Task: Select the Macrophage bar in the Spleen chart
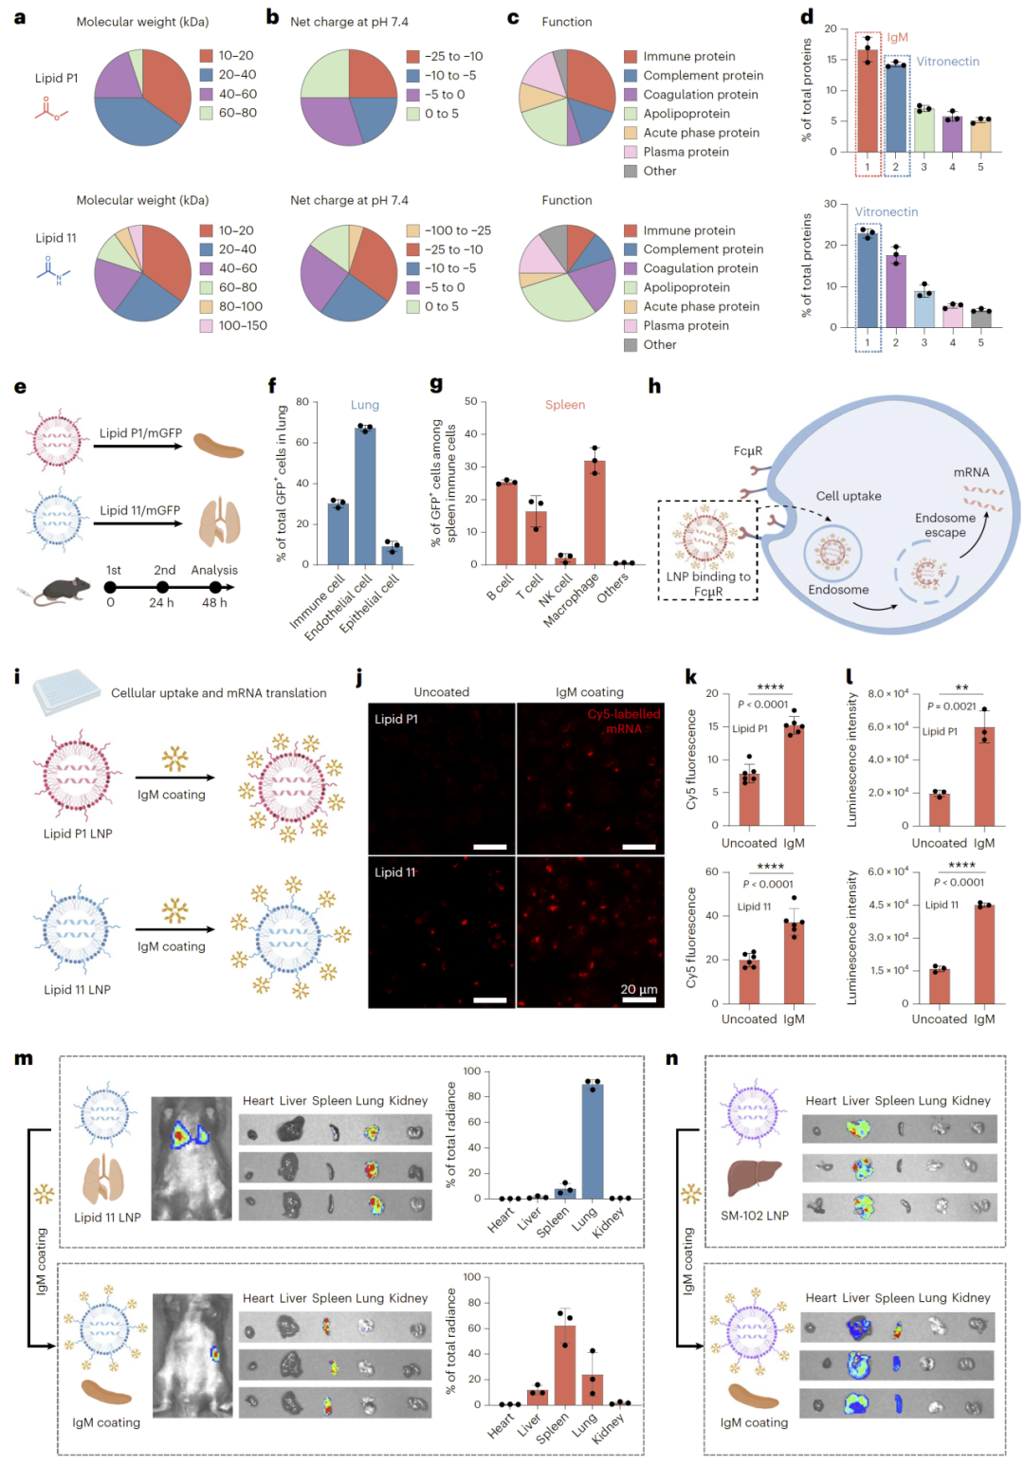coord(594,512)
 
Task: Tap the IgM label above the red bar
coord(897,38)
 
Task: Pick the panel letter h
coord(654,386)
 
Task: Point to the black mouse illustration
coord(63,590)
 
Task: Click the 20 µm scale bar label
coord(638,989)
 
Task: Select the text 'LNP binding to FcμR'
coord(708,584)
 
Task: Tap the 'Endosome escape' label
coord(944,524)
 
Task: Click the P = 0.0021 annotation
coord(951,705)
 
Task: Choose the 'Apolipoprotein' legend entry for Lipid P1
coord(686,114)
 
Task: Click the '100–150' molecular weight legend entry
coord(243,325)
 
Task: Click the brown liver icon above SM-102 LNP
coord(754,1178)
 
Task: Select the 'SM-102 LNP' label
coord(754,1216)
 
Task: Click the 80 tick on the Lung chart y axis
coord(302,402)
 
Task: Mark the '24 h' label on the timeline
coord(161,603)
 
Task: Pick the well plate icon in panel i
coord(66,691)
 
